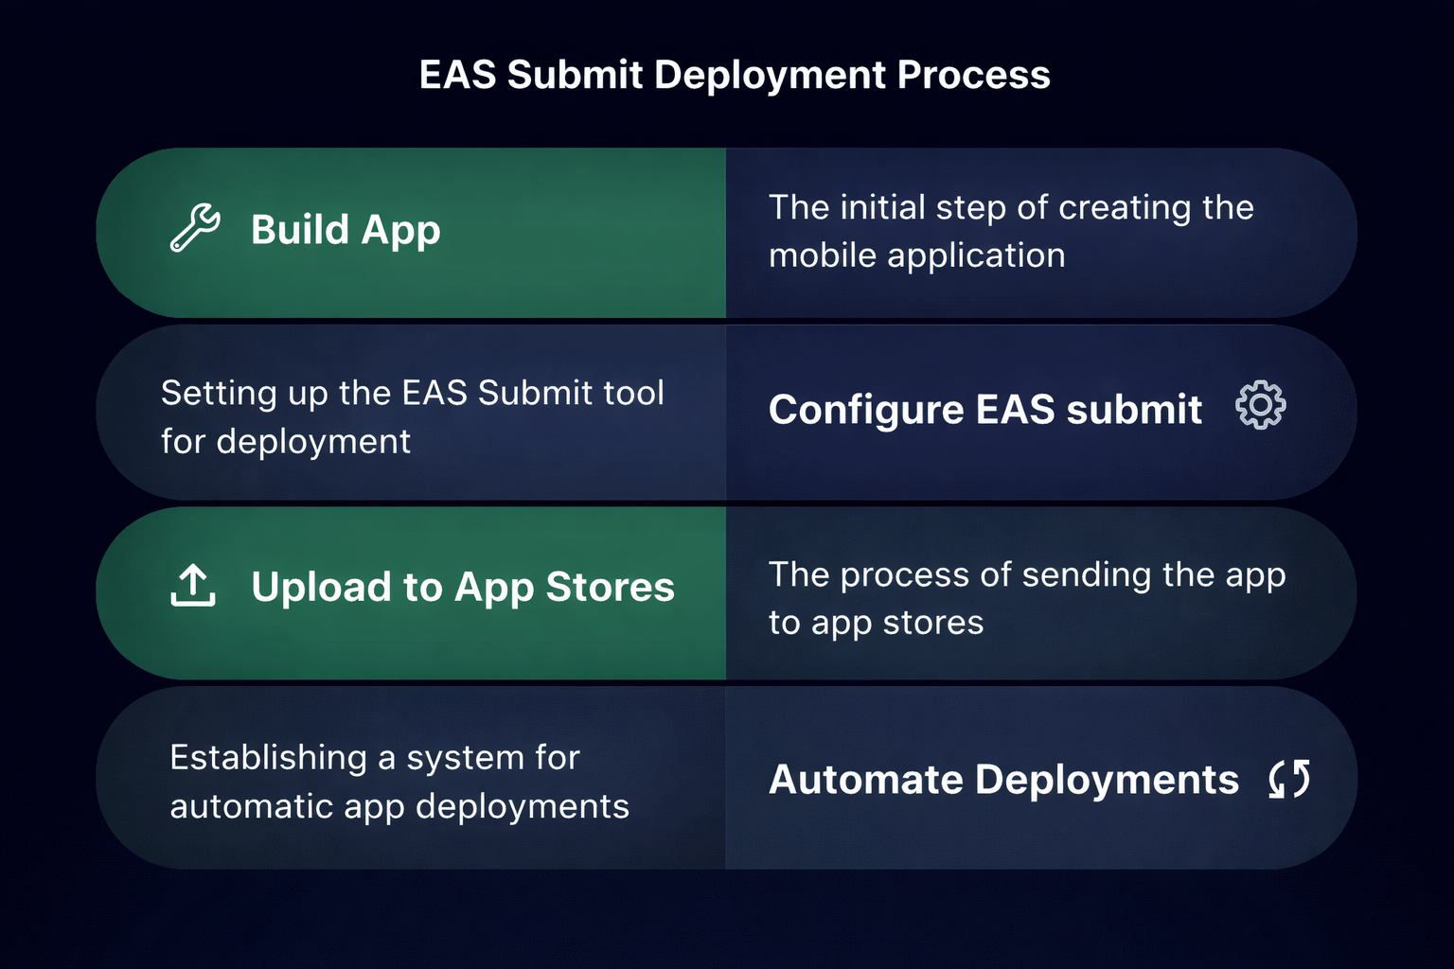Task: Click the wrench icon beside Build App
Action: point(195,228)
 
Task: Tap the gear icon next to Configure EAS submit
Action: point(1260,406)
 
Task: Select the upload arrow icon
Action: point(193,586)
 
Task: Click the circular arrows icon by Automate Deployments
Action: point(1289,779)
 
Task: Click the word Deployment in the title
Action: point(771,75)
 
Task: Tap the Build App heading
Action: point(346,230)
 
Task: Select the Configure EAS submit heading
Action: point(985,410)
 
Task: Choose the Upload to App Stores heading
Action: point(463,588)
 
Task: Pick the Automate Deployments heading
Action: point(1003,780)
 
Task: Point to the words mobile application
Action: point(916,255)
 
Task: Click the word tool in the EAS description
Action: point(633,393)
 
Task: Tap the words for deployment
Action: point(285,441)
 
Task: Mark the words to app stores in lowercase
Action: point(876,623)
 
